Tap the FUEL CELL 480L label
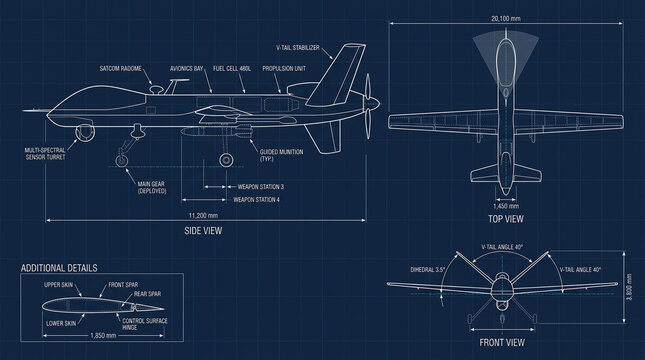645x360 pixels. tap(231, 68)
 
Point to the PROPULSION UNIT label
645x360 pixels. tap(283, 68)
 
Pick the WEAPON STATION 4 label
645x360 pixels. tap(257, 200)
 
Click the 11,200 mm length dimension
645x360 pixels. tap(204, 215)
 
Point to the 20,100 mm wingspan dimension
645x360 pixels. tap(507, 18)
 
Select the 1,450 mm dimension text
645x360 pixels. tap(507, 204)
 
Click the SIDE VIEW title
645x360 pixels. tap(204, 229)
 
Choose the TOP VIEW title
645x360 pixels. tap(507, 217)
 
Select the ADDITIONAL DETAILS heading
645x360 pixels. tap(59, 268)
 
